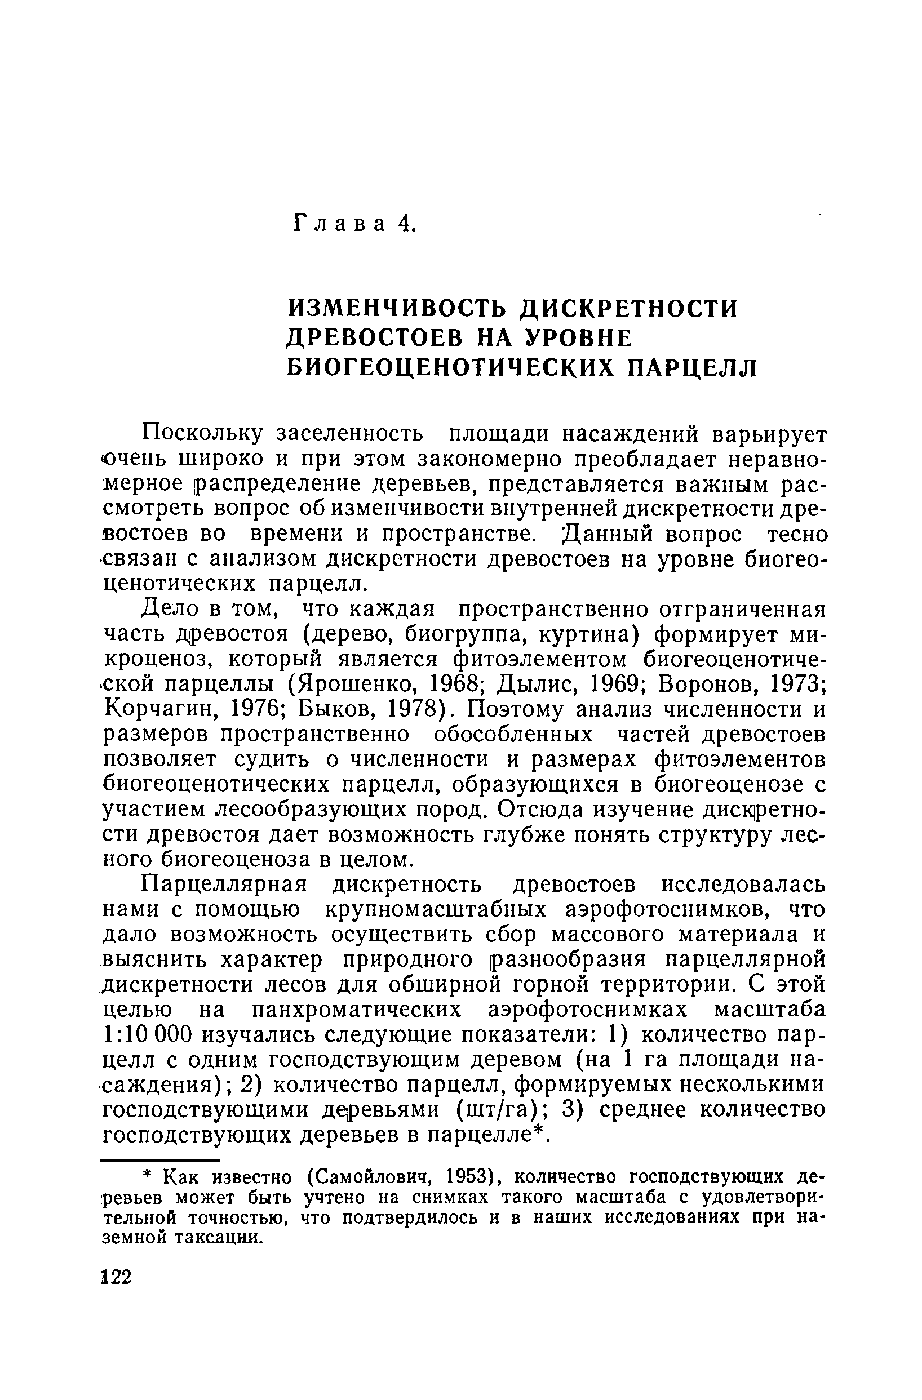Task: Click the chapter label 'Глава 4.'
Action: tap(353, 224)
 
